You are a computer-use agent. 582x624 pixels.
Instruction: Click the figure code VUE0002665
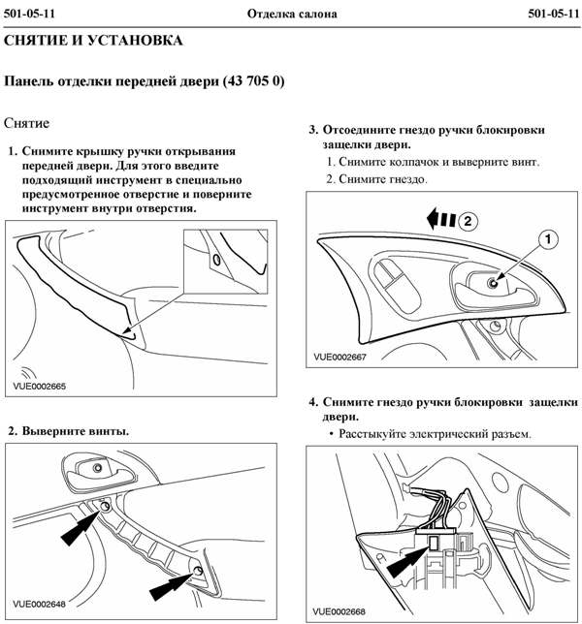click(x=40, y=385)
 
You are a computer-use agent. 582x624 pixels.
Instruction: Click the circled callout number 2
click(x=467, y=220)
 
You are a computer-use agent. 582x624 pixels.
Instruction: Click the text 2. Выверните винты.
click(x=68, y=429)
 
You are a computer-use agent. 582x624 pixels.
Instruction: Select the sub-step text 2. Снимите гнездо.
click(x=377, y=179)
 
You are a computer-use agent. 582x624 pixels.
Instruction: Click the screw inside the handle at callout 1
click(x=493, y=282)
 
